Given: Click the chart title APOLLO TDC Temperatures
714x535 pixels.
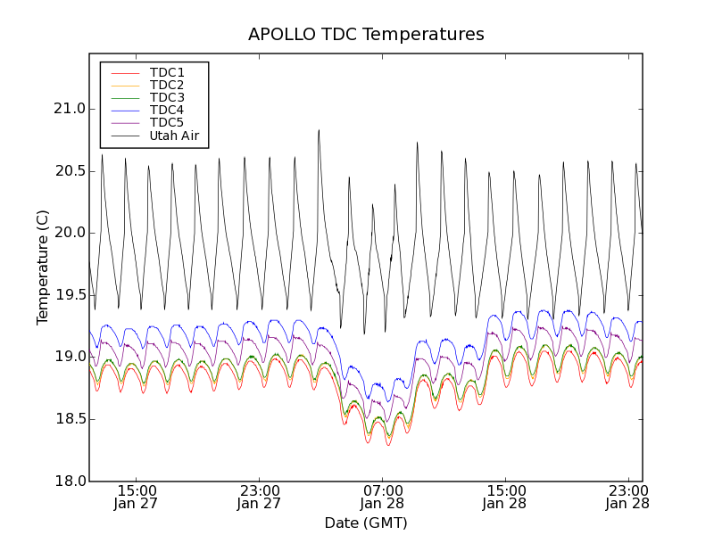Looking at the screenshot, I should (x=366, y=35).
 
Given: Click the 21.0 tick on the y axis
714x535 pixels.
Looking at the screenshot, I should (x=69, y=109).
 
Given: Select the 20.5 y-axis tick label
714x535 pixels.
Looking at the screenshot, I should (x=69, y=170).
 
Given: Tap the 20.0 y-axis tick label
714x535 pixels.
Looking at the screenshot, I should (x=69, y=233).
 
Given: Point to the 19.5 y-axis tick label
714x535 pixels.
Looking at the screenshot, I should (x=69, y=295).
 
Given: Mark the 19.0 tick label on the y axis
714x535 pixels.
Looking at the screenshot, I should (x=69, y=357).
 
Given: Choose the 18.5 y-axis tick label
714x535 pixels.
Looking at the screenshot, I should (x=69, y=419).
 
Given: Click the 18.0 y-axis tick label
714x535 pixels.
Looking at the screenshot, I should (x=69, y=481).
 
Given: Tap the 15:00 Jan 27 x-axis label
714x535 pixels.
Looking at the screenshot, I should (x=137, y=497).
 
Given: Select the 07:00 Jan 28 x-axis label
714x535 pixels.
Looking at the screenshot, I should (x=382, y=497).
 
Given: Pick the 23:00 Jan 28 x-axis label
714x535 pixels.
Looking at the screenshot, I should (x=627, y=497).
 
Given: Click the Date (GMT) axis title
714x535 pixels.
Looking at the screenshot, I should (x=366, y=523).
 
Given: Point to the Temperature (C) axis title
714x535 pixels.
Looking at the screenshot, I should (x=43, y=267).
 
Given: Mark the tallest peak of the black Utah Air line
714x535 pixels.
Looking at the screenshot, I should (x=319, y=130).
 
